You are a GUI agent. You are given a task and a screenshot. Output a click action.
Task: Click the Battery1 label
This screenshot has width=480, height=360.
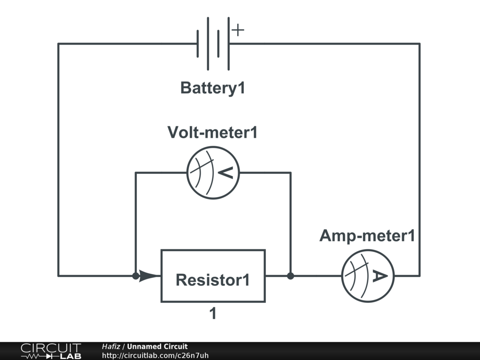[213, 88]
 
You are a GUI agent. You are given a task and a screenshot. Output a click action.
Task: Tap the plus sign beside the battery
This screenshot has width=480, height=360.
[238, 30]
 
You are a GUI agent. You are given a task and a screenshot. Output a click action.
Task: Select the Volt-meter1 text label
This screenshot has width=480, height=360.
[212, 132]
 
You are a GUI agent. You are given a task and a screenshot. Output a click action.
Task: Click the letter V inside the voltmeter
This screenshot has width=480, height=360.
[225, 172]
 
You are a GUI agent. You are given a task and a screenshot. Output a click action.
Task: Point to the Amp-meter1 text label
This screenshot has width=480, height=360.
[367, 236]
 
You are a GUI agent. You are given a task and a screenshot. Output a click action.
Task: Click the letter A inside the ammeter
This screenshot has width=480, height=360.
[380, 276]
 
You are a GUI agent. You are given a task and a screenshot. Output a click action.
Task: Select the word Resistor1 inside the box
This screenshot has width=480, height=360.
[213, 280]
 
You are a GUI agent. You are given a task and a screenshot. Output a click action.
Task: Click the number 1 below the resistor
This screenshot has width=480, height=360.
[213, 314]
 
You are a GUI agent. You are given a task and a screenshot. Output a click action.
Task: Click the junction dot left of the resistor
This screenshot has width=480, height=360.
[135, 276]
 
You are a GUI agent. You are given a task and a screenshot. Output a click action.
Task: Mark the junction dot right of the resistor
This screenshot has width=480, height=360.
[291, 276]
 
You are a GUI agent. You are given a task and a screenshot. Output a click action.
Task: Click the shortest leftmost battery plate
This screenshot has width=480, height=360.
[198, 44]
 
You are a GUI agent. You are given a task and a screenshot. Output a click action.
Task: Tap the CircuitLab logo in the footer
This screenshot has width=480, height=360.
[51, 351]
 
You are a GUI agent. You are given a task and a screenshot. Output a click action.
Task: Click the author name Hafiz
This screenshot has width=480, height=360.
[111, 346]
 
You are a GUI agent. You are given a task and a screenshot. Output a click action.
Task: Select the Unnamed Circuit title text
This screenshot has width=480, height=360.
[157, 346]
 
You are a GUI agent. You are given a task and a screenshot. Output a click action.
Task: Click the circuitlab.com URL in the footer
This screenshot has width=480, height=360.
[155, 355]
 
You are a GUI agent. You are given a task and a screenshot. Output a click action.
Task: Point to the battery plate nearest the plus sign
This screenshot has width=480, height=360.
[229, 44]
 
